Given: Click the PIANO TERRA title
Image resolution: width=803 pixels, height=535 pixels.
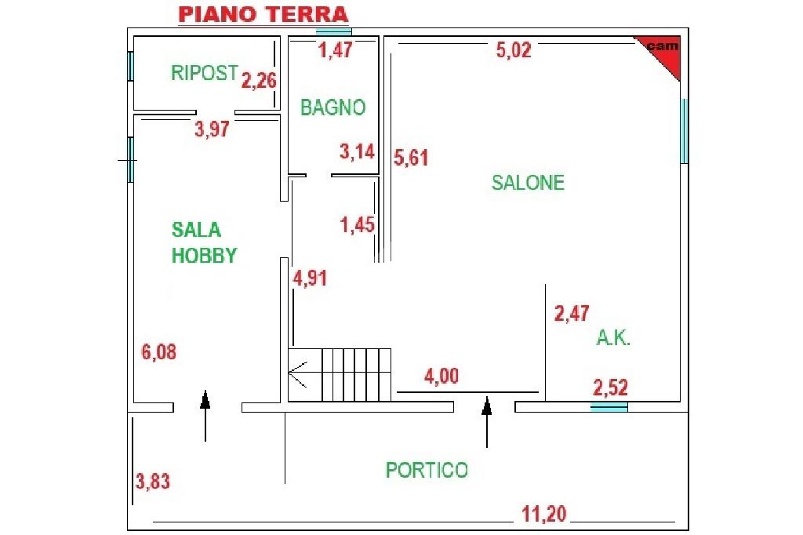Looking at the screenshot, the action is coord(263,15).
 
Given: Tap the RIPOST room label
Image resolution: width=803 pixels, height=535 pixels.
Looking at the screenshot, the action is coord(205,73).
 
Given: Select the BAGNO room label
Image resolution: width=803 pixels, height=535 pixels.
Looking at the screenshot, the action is coord(332,107).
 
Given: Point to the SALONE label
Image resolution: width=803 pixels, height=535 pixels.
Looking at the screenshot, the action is coord(528,183).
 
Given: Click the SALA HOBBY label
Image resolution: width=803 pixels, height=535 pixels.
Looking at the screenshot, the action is coord(204,242).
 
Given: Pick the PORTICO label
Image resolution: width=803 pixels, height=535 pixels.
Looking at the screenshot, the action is coord(427,470).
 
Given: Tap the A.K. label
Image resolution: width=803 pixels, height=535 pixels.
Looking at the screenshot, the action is coord(613,337).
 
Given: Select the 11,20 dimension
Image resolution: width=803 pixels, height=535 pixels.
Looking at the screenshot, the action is coord(544,514).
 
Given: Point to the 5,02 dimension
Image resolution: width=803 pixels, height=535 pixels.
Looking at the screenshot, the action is coord(514,50).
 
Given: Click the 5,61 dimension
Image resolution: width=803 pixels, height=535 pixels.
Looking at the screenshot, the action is coord(411,158).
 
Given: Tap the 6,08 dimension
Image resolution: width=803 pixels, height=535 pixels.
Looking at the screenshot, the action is coord(158,352).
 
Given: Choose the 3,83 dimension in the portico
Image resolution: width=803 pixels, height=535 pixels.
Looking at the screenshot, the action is coord(153,482).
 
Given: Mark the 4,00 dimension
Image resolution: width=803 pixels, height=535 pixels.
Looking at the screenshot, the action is coord(441,376).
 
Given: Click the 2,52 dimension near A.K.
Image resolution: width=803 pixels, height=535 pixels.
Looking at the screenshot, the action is coord(610,388).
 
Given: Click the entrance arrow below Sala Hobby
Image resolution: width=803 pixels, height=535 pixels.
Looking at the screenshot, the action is coord(205,416).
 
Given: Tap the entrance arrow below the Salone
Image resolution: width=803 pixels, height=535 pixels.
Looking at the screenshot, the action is coord(486,422).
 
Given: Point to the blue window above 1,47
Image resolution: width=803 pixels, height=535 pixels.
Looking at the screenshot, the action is coord(333,32).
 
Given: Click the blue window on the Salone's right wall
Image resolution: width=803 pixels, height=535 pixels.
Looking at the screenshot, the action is coord(684,131).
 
